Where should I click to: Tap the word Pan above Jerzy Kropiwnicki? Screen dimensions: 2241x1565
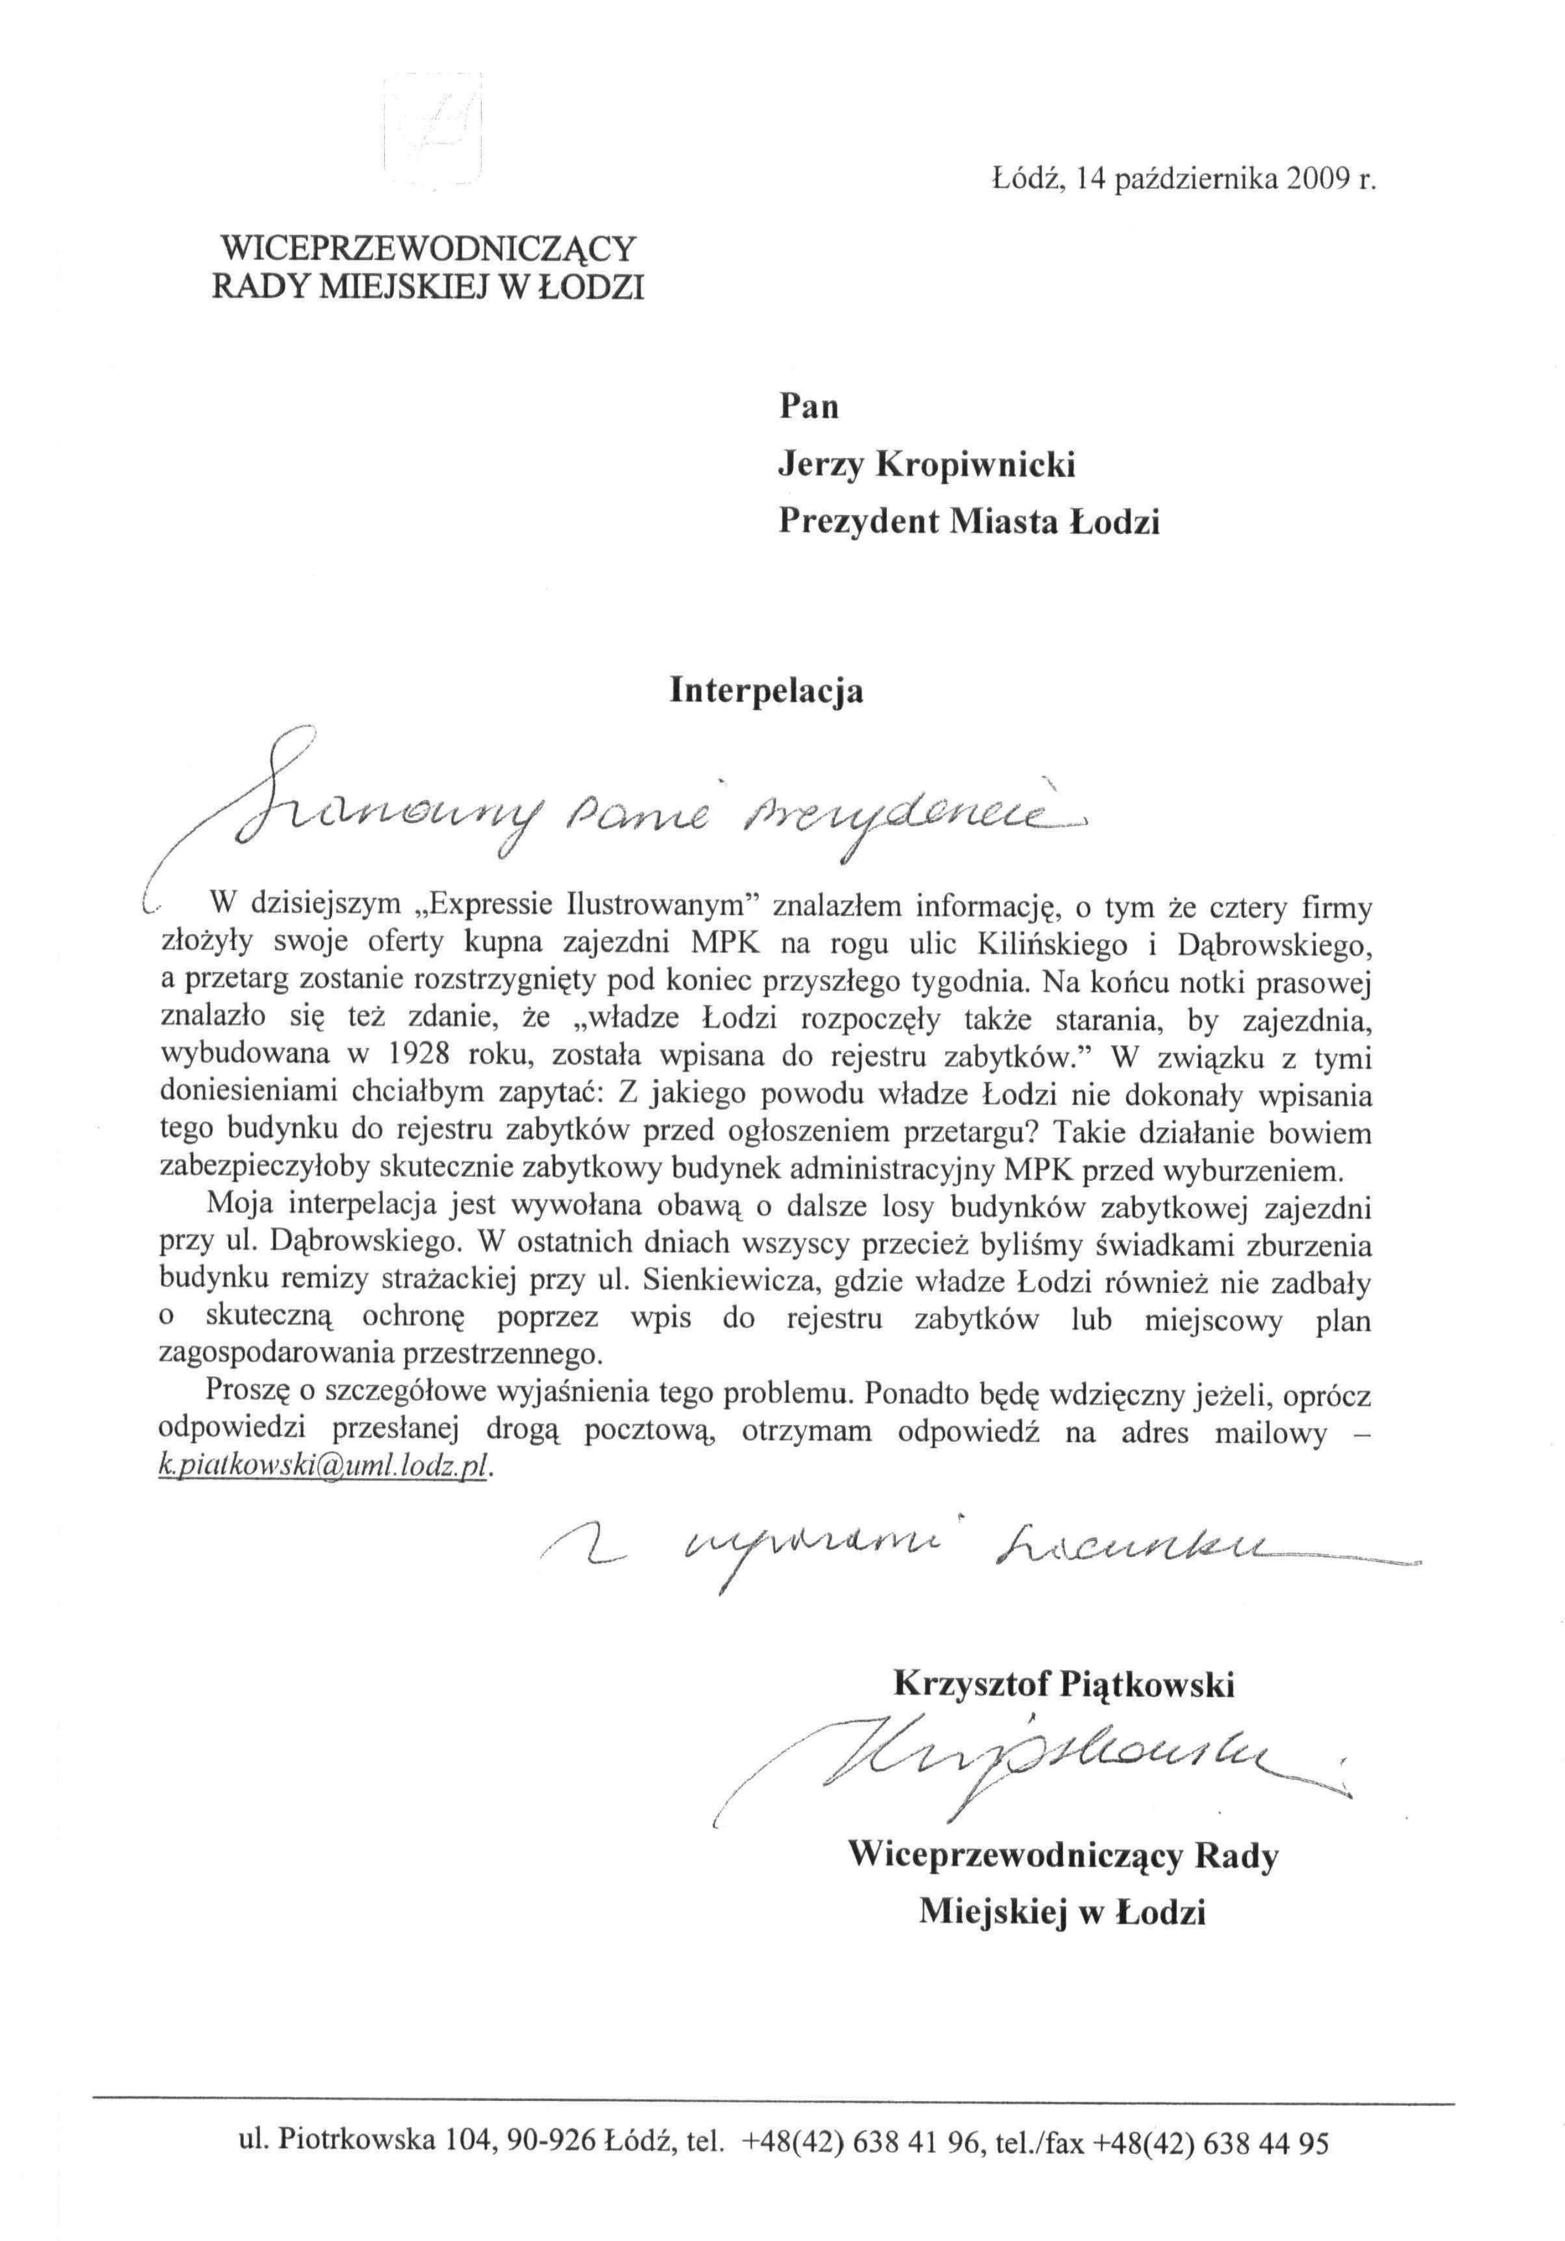[808, 406]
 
